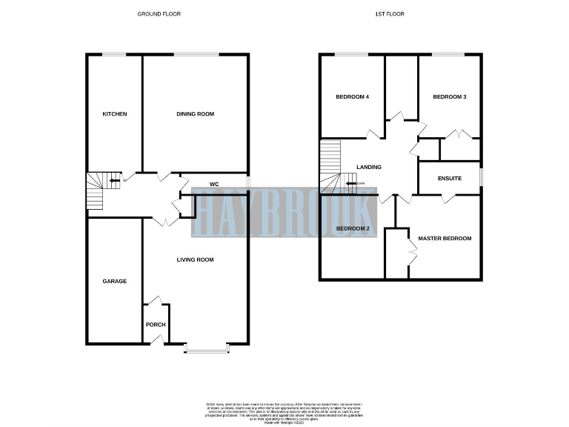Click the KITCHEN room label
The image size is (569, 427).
click(x=114, y=113)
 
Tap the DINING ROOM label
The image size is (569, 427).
click(x=195, y=113)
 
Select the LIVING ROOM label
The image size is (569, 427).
click(x=195, y=259)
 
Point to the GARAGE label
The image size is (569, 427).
click(x=114, y=281)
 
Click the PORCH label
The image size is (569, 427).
click(x=155, y=325)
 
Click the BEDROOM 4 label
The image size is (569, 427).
click(x=352, y=96)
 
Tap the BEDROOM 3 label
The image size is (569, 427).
click(x=449, y=96)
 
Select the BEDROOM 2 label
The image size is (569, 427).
click(x=352, y=228)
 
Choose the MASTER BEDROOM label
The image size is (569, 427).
click(x=445, y=238)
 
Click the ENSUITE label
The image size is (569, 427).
click(x=449, y=178)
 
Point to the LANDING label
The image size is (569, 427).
click(x=368, y=167)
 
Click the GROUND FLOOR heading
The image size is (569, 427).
click(x=159, y=14)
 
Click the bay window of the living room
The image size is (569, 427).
click(x=207, y=348)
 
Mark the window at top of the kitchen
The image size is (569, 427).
click(x=114, y=54)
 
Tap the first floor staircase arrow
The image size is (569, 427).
click(x=350, y=183)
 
